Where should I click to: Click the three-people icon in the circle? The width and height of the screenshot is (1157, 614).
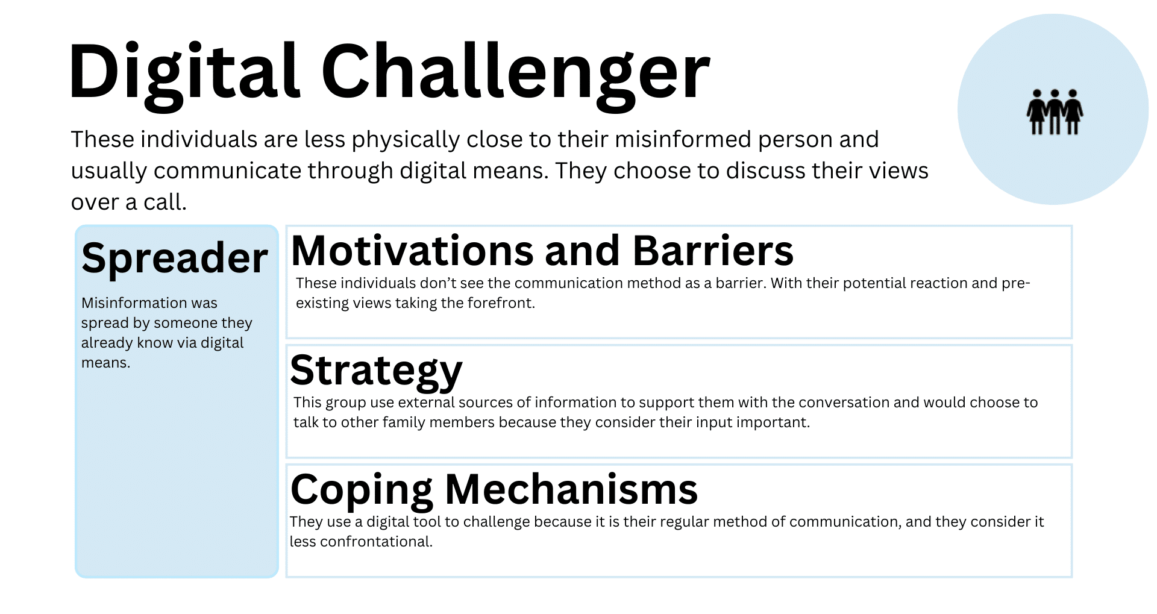click(1055, 111)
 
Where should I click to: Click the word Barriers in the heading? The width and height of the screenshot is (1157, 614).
click(713, 251)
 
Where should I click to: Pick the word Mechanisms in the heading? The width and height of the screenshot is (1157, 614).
click(571, 489)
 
